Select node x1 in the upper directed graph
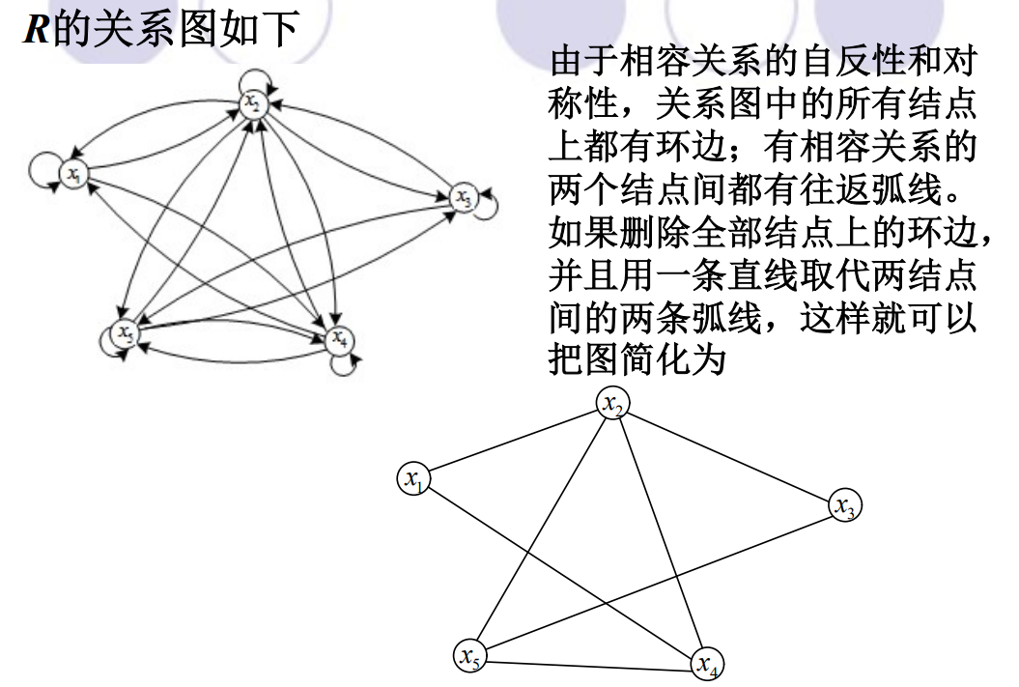click(73, 174)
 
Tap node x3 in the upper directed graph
click(464, 197)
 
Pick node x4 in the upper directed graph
click(339, 340)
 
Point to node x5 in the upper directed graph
click(125, 333)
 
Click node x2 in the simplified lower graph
click(612, 403)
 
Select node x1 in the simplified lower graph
click(414, 478)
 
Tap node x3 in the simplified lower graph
click(845, 505)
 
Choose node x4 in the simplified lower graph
click(707, 664)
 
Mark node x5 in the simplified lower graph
click(469, 655)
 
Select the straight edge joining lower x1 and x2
click(514, 441)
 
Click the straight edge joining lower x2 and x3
click(729, 454)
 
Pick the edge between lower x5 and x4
click(588, 665)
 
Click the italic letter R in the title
click(37, 29)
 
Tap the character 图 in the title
click(198, 29)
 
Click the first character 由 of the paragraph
click(567, 62)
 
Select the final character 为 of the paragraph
click(708, 359)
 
